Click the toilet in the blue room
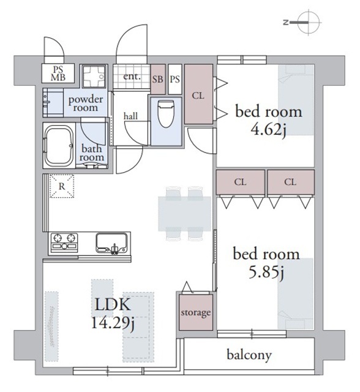166,113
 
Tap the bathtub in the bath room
59,146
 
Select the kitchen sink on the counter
111,243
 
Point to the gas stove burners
64,243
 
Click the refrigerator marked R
62,186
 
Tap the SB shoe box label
157,79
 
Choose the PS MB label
58,73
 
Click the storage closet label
196,313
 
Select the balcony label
249,355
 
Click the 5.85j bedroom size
266,273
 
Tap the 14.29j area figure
113,323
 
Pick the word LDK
113,304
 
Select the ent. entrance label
132,76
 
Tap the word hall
130,116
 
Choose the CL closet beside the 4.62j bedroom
198,94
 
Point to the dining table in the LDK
185,214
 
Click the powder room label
86,104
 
